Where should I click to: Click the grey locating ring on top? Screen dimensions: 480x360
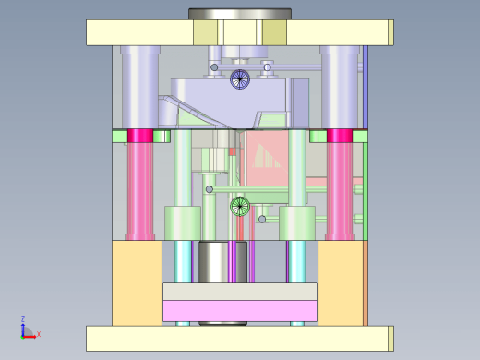[x=240, y=14]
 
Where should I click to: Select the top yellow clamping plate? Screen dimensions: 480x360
[x=240, y=32]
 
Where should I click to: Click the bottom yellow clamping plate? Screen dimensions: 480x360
[x=240, y=339]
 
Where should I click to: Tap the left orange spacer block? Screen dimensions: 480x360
[x=137, y=283]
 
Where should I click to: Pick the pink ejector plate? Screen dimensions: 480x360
[x=240, y=311]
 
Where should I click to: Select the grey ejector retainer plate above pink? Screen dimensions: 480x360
[x=240, y=292]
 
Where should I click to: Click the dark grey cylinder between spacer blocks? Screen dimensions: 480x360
[x=222, y=262]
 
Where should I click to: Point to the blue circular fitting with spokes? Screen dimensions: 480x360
[x=240, y=79]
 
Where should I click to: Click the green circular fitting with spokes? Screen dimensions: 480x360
[x=240, y=206]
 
